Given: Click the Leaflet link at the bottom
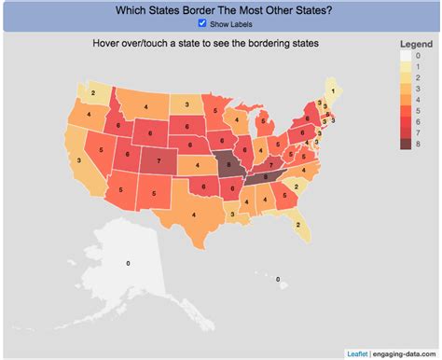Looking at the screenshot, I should click(357, 353).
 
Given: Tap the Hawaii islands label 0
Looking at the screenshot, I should click(277, 277).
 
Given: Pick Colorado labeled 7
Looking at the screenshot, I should click(159, 159).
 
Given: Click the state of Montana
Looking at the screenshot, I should click(140, 108).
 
